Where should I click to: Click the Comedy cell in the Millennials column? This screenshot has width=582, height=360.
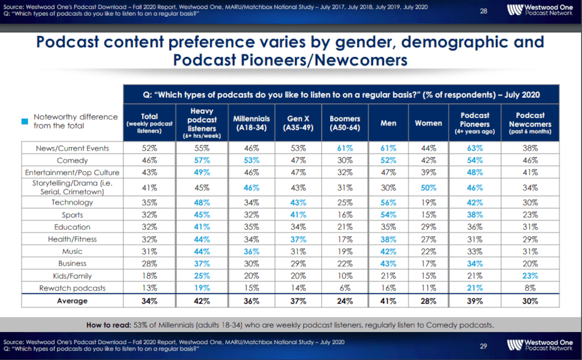point(251,160)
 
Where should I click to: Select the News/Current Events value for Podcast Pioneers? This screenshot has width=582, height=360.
point(475,148)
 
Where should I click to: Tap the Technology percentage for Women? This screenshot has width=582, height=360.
point(428,202)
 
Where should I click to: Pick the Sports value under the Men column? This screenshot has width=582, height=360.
point(388,215)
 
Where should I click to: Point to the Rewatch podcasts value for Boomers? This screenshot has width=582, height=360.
point(345,288)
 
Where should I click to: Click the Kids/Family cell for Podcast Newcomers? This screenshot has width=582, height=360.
point(530,276)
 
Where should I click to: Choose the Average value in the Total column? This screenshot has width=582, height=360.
point(149,301)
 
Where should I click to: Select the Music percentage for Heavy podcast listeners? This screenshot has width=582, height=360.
point(202,251)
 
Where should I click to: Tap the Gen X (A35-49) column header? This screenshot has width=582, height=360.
point(298,123)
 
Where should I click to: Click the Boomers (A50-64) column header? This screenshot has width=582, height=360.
point(345,123)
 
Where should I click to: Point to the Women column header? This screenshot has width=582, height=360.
point(428,123)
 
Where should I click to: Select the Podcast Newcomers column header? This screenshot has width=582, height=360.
point(530,123)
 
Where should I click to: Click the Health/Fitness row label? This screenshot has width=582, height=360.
point(72,239)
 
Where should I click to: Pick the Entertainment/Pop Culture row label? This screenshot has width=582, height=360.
point(72,172)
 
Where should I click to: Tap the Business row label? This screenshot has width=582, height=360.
point(72,263)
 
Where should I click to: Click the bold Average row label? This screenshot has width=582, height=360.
point(72,301)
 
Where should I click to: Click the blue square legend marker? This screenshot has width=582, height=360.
point(25,122)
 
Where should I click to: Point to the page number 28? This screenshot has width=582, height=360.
point(483,11)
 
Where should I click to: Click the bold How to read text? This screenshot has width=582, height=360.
point(109,325)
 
